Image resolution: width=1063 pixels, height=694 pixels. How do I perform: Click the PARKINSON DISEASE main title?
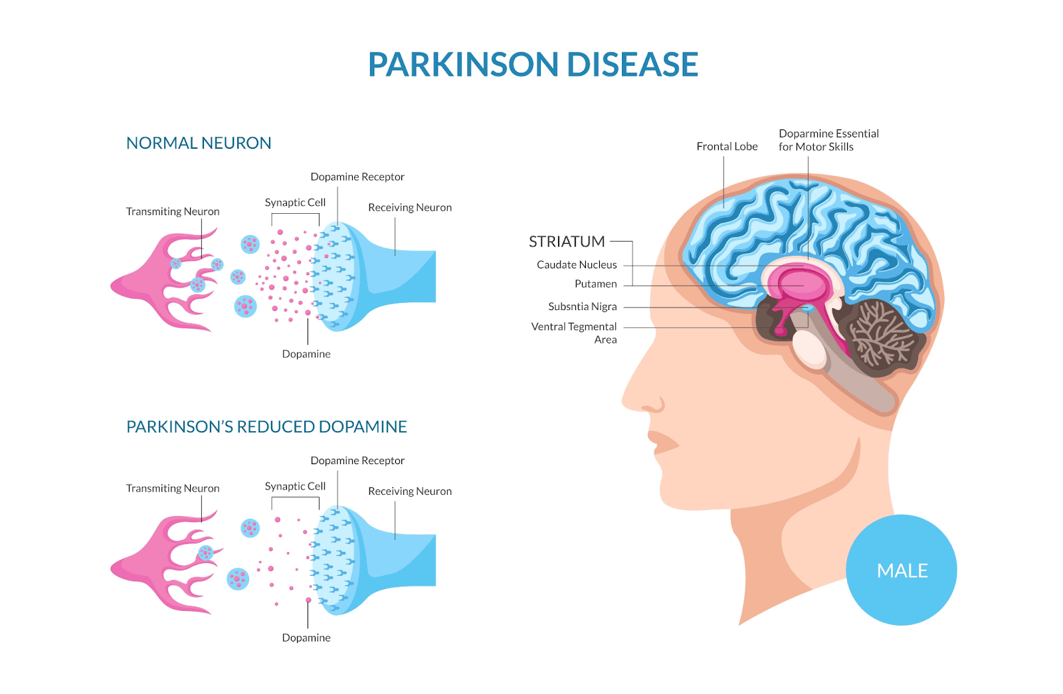(x=533, y=64)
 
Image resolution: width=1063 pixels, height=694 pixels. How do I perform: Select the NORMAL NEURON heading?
(x=199, y=143)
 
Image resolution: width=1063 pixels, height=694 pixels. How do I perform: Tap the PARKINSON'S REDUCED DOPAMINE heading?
(x=266, y=426)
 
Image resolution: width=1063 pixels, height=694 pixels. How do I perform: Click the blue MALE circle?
(x=902, y=570)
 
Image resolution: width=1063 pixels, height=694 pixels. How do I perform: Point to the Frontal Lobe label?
(x=727, y=146)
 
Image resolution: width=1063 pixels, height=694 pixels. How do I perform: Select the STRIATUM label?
(x=567, y=242)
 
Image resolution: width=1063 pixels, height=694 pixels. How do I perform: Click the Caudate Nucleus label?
(x=577, y=264)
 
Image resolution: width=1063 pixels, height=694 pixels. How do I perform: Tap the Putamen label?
(x=595, y=284)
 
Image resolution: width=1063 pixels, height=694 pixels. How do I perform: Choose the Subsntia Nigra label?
(x=582, y=306)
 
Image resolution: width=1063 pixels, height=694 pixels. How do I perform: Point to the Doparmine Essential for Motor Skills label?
(x=828, y=140)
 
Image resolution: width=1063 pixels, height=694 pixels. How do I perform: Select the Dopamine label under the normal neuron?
(x=306, y=354)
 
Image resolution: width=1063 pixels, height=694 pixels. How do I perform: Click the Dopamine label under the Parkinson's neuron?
(x=306, y=638)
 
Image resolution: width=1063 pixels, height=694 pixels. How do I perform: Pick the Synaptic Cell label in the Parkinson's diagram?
(x=295, y=486)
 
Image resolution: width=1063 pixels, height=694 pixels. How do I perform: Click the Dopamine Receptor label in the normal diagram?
(x=357, y=177)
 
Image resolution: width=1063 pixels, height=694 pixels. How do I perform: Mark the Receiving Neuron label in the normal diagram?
(x=410, y=207)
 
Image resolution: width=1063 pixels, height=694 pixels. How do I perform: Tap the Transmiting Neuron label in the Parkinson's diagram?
(x=173, y=488)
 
